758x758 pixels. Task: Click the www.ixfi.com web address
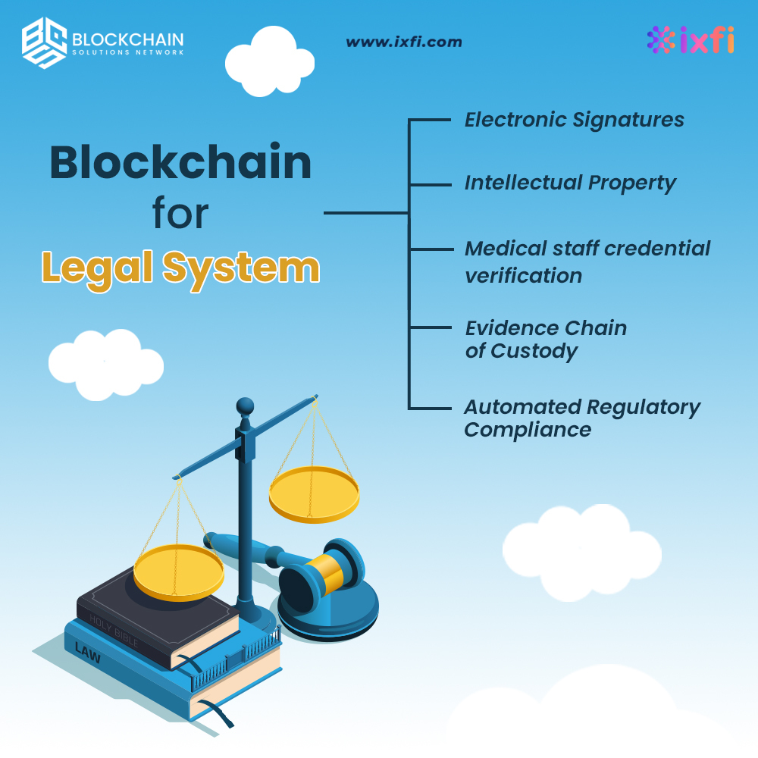click(x=403, y=42)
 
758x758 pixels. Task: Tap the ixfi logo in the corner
click(x=691, y=41)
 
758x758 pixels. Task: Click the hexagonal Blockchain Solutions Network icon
click(x=44, y=43)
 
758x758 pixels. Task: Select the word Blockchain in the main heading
click(x=180, y=163)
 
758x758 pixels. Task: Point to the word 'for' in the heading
click(x=180, y=215)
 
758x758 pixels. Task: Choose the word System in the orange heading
click(x=243, y=268)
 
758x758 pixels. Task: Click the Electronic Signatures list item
click(x=574, y=120)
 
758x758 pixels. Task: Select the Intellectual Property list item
click(x=570, y=183)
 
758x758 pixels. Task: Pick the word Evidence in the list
click(x=504, y=328)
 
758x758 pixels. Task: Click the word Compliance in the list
click(x=528, y=430)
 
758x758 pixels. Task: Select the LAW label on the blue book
click(x=87, y=649)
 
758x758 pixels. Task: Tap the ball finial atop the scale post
click(x=244, y=406)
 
